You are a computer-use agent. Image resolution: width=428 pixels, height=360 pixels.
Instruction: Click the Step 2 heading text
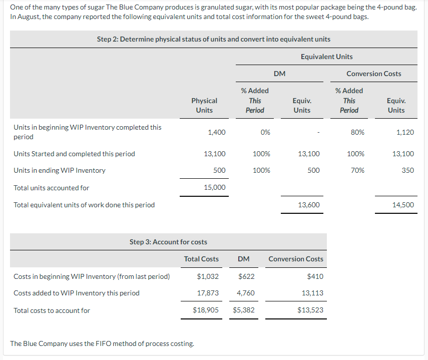point(213,39)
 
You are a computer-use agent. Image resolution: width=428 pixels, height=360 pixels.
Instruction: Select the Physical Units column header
point(204,105)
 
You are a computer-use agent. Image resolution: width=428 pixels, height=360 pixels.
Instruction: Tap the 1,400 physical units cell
point(217,132)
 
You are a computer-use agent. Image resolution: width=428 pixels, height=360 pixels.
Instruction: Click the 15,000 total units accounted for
point(215,187)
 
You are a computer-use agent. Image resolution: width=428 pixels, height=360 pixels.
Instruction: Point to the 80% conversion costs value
point(357,132)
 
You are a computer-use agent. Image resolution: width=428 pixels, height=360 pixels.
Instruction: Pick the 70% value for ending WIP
point(357,170)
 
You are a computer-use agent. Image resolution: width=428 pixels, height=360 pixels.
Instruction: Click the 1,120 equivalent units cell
point(404,132)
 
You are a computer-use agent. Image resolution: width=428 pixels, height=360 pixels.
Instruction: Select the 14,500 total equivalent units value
point(403,205)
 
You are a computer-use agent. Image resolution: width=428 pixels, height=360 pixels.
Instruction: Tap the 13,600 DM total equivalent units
point(309,205)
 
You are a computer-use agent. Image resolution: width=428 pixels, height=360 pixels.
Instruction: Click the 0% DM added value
point(265,132)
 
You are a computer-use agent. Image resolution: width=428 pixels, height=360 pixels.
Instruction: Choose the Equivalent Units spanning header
point(326,57)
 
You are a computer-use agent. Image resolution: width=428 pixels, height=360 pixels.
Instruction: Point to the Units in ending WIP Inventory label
point(60,170)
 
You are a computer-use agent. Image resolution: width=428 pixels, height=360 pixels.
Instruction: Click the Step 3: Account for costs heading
point(168,242)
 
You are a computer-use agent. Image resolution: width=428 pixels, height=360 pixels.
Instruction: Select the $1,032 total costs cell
point(208,276)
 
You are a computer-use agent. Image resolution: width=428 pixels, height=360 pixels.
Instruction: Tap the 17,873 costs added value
point(208,293)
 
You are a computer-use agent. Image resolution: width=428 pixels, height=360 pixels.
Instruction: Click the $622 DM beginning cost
point(245,276)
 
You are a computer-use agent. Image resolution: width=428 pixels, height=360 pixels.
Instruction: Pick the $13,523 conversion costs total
point(310,310)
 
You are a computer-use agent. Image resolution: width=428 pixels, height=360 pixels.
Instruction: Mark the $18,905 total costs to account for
point(206,310)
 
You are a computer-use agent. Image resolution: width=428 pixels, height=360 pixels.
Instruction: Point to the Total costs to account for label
point(52,310)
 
